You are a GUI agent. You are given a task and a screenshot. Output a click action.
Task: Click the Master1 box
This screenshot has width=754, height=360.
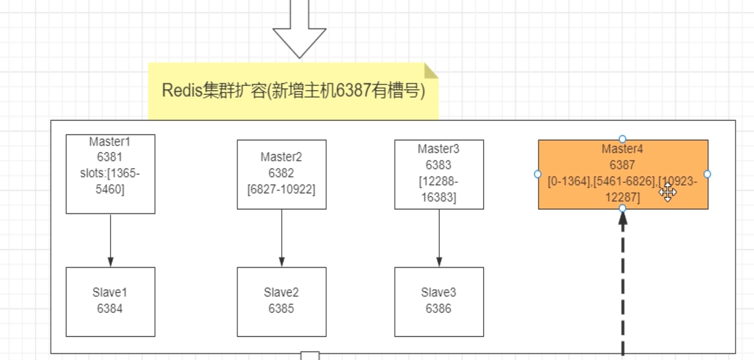tap(110, 174)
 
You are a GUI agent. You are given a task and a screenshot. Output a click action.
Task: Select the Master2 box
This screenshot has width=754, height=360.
tap(281, 174)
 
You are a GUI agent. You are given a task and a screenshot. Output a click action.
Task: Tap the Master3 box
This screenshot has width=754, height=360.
tap(439, 174)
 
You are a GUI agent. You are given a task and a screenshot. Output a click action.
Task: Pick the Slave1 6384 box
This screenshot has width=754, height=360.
tap(110, 301)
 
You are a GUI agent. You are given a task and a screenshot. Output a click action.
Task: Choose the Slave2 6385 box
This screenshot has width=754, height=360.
tap(281, 301)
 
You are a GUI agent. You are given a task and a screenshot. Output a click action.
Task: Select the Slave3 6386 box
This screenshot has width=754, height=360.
tap(439, 301)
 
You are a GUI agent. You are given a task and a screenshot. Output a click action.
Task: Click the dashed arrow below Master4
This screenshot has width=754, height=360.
tap(623, 284)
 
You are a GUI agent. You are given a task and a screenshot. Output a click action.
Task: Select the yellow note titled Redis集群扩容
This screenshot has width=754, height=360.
tap(293, 91)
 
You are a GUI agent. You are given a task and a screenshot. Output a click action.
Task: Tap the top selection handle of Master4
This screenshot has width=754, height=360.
tap(622, 139)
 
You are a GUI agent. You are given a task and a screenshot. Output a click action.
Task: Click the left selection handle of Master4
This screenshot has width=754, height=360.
tap(537, 174)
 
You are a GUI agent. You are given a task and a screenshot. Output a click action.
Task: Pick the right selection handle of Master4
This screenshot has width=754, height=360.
tap(707, 174)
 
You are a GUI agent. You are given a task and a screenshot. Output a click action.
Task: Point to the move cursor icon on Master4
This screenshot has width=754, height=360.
tap(667, 192)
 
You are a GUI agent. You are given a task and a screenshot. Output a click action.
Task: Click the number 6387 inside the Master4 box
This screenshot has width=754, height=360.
tap(622, 165)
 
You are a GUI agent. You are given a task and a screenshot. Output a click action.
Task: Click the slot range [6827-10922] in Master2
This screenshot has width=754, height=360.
tap(281, 189)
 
